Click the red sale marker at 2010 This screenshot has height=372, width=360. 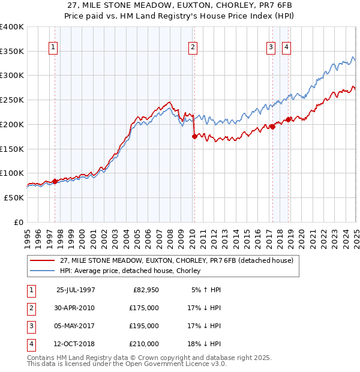coord(194,136)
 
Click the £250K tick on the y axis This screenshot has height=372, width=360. coord(12,100)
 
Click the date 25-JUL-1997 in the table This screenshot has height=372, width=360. coord(76,290)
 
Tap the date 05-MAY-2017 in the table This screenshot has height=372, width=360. coord(76,326)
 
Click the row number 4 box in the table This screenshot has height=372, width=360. coord(30,344)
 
